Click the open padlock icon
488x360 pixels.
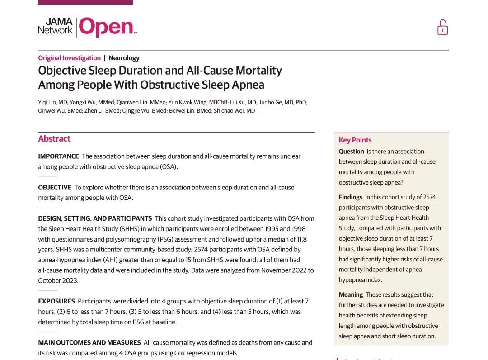click(x=442, y=28)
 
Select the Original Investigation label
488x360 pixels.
click(x=69, y=58)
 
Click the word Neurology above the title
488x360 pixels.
click(x=124, y=58)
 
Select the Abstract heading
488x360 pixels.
click(x=54, y=139)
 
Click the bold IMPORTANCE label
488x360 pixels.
click(x=58, y=156)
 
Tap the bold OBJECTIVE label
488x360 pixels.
click(x=55, y=187)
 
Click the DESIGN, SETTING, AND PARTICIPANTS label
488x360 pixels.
click(x=95, y=218)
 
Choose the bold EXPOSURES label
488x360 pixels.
click(x=56, y=301)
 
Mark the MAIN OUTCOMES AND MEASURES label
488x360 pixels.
click(x=89, y=343)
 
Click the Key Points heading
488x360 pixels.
click(x=355, y=140)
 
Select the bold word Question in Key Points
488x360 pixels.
click(x=351, y=152)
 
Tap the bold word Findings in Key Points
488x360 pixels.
click(x=351, y=197)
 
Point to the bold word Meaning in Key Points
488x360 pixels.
click(x=351, y=294)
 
